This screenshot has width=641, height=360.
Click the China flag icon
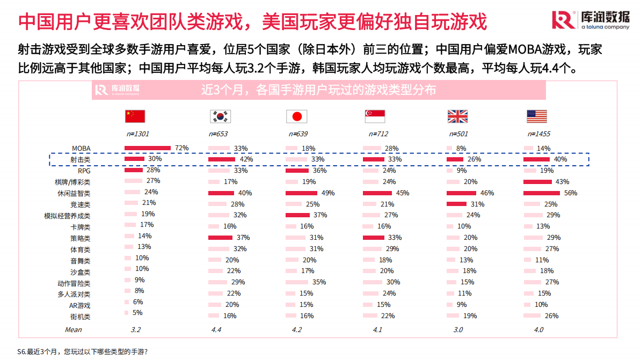click(135, 116)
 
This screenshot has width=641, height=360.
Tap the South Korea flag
click(220, 116)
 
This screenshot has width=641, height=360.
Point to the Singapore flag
click(375, 116)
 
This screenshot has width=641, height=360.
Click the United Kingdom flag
click(457, 116)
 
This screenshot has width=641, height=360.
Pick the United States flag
click(536, 116)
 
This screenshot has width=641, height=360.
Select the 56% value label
click(570, 193)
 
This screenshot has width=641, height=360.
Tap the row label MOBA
click(81, 148)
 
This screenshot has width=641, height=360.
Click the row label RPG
click(84, 171)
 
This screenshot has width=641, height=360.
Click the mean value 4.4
click(216, 329)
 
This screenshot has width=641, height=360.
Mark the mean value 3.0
click(458, 329)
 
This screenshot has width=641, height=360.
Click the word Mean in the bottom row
click(74, 329)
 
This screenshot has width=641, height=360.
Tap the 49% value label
click(327, 193)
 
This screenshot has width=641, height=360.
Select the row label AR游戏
click(79, 305)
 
